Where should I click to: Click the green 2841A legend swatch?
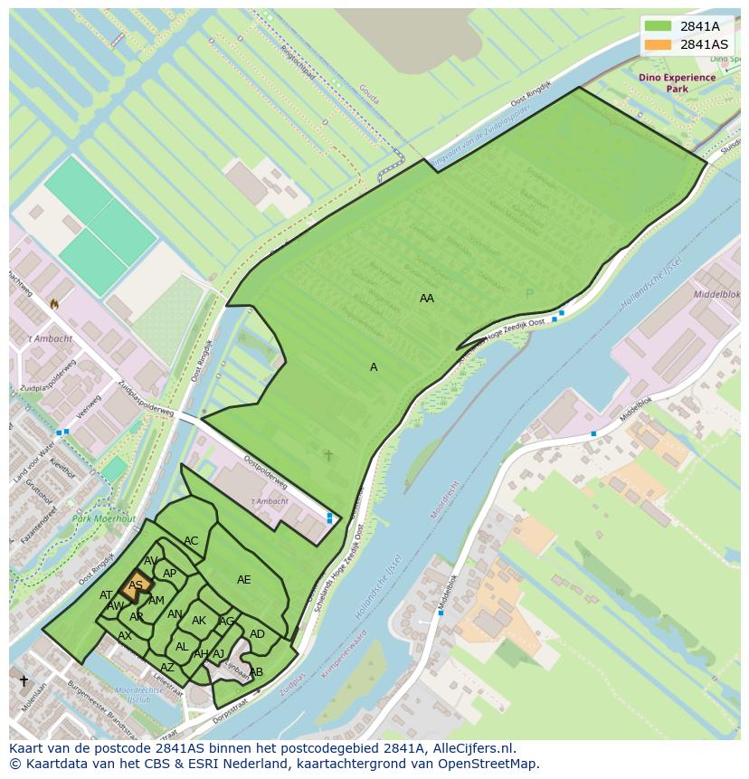(x=658, y=26)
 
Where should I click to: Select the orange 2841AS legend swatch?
(x=658, y=44)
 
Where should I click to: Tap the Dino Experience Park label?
(x=677, y=83)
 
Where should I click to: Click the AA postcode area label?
(x=427, y=298)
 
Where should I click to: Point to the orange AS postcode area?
(x=136, y=584)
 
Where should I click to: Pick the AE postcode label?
(x=244, y=580)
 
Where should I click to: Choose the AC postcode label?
(x=191, y=541)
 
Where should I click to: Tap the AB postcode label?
(x=256, y=672)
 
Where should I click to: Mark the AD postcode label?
(x=257, y=634)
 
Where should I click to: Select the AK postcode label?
(x=199, y=621)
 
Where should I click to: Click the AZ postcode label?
(x=167, y=668)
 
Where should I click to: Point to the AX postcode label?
(x=125, y=636)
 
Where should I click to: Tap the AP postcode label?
(x=169, y=574)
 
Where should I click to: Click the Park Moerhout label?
(x=104, y=518)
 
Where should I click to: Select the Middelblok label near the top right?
(x=716, y=295)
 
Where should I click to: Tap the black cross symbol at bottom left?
(x=24, y=680)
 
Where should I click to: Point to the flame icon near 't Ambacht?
(x=54, y=304)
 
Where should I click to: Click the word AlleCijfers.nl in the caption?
(x=471, y=749)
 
